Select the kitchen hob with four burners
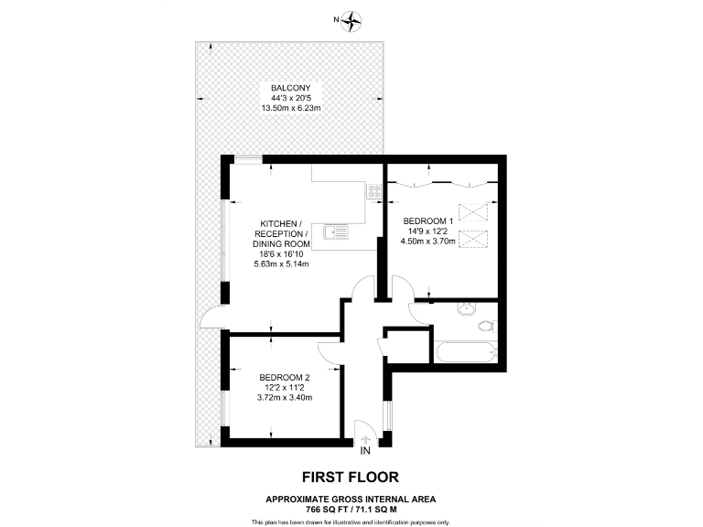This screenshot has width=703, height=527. tap(374, 191)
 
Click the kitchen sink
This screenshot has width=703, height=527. tap(337, 231)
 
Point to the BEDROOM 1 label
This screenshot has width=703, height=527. tap(429, 221)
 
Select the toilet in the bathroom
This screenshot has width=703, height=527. tap(485, 326)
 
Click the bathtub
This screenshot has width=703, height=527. tap(467, 351)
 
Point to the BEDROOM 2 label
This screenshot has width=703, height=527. tap(285, 378)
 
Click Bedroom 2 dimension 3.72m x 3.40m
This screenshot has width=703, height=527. tap(285, 398)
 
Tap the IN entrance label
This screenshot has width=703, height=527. tap(365, 451)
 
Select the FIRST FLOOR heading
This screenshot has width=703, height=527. tap(351, 477)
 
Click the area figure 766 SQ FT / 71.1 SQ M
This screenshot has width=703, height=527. tap(351, 508)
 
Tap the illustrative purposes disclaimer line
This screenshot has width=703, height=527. tap(351, 522)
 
